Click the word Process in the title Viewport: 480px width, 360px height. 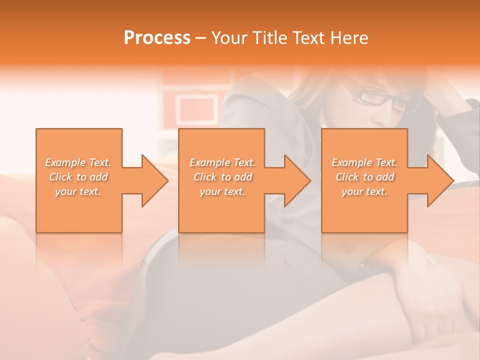pyautogui.click(x=157, y=37)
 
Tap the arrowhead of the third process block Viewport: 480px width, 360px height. pyautogui.click(x=439, y=180)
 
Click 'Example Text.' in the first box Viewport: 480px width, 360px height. pyautogui.click(x=78, y=162)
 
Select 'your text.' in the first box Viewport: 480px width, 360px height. pyautogui.click(x=78, y=191)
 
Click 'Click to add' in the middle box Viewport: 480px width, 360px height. pyautogui.click(x=222, y=177)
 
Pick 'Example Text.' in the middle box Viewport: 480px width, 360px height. pyautogui.click(x=222, y=162)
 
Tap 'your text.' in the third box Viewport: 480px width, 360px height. pyautogui.click(x=364, y=191)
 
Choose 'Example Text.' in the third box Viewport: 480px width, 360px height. pyautogui.click(x=364, y=162)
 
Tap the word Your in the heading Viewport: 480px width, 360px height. pyautogui.click(x=229, y=37)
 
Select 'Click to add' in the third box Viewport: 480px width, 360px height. pyautogui.click(x=364, y=177)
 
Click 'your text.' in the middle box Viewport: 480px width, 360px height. pyautogui.click(x=222, y=191)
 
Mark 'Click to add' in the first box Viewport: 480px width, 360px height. pyautogui.click(x=78, y=177)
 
